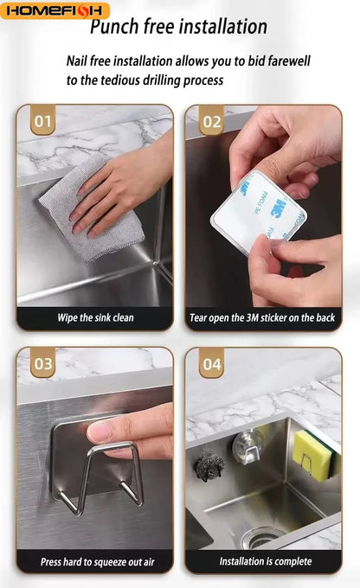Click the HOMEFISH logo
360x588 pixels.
pos(55,10)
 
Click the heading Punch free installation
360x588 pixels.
pos(178,27)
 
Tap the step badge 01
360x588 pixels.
pos(42,121)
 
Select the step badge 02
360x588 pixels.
pos(212,121)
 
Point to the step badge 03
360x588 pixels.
pos(42,363)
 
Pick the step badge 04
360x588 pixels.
pos(212,363)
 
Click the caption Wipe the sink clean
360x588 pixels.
pos(95,318)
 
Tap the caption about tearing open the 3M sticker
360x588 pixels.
pos(262,318)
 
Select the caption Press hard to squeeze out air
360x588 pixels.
pos(97,562)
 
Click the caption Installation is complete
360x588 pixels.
pos(266,561)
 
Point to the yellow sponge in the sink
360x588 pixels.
pos(312,455)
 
